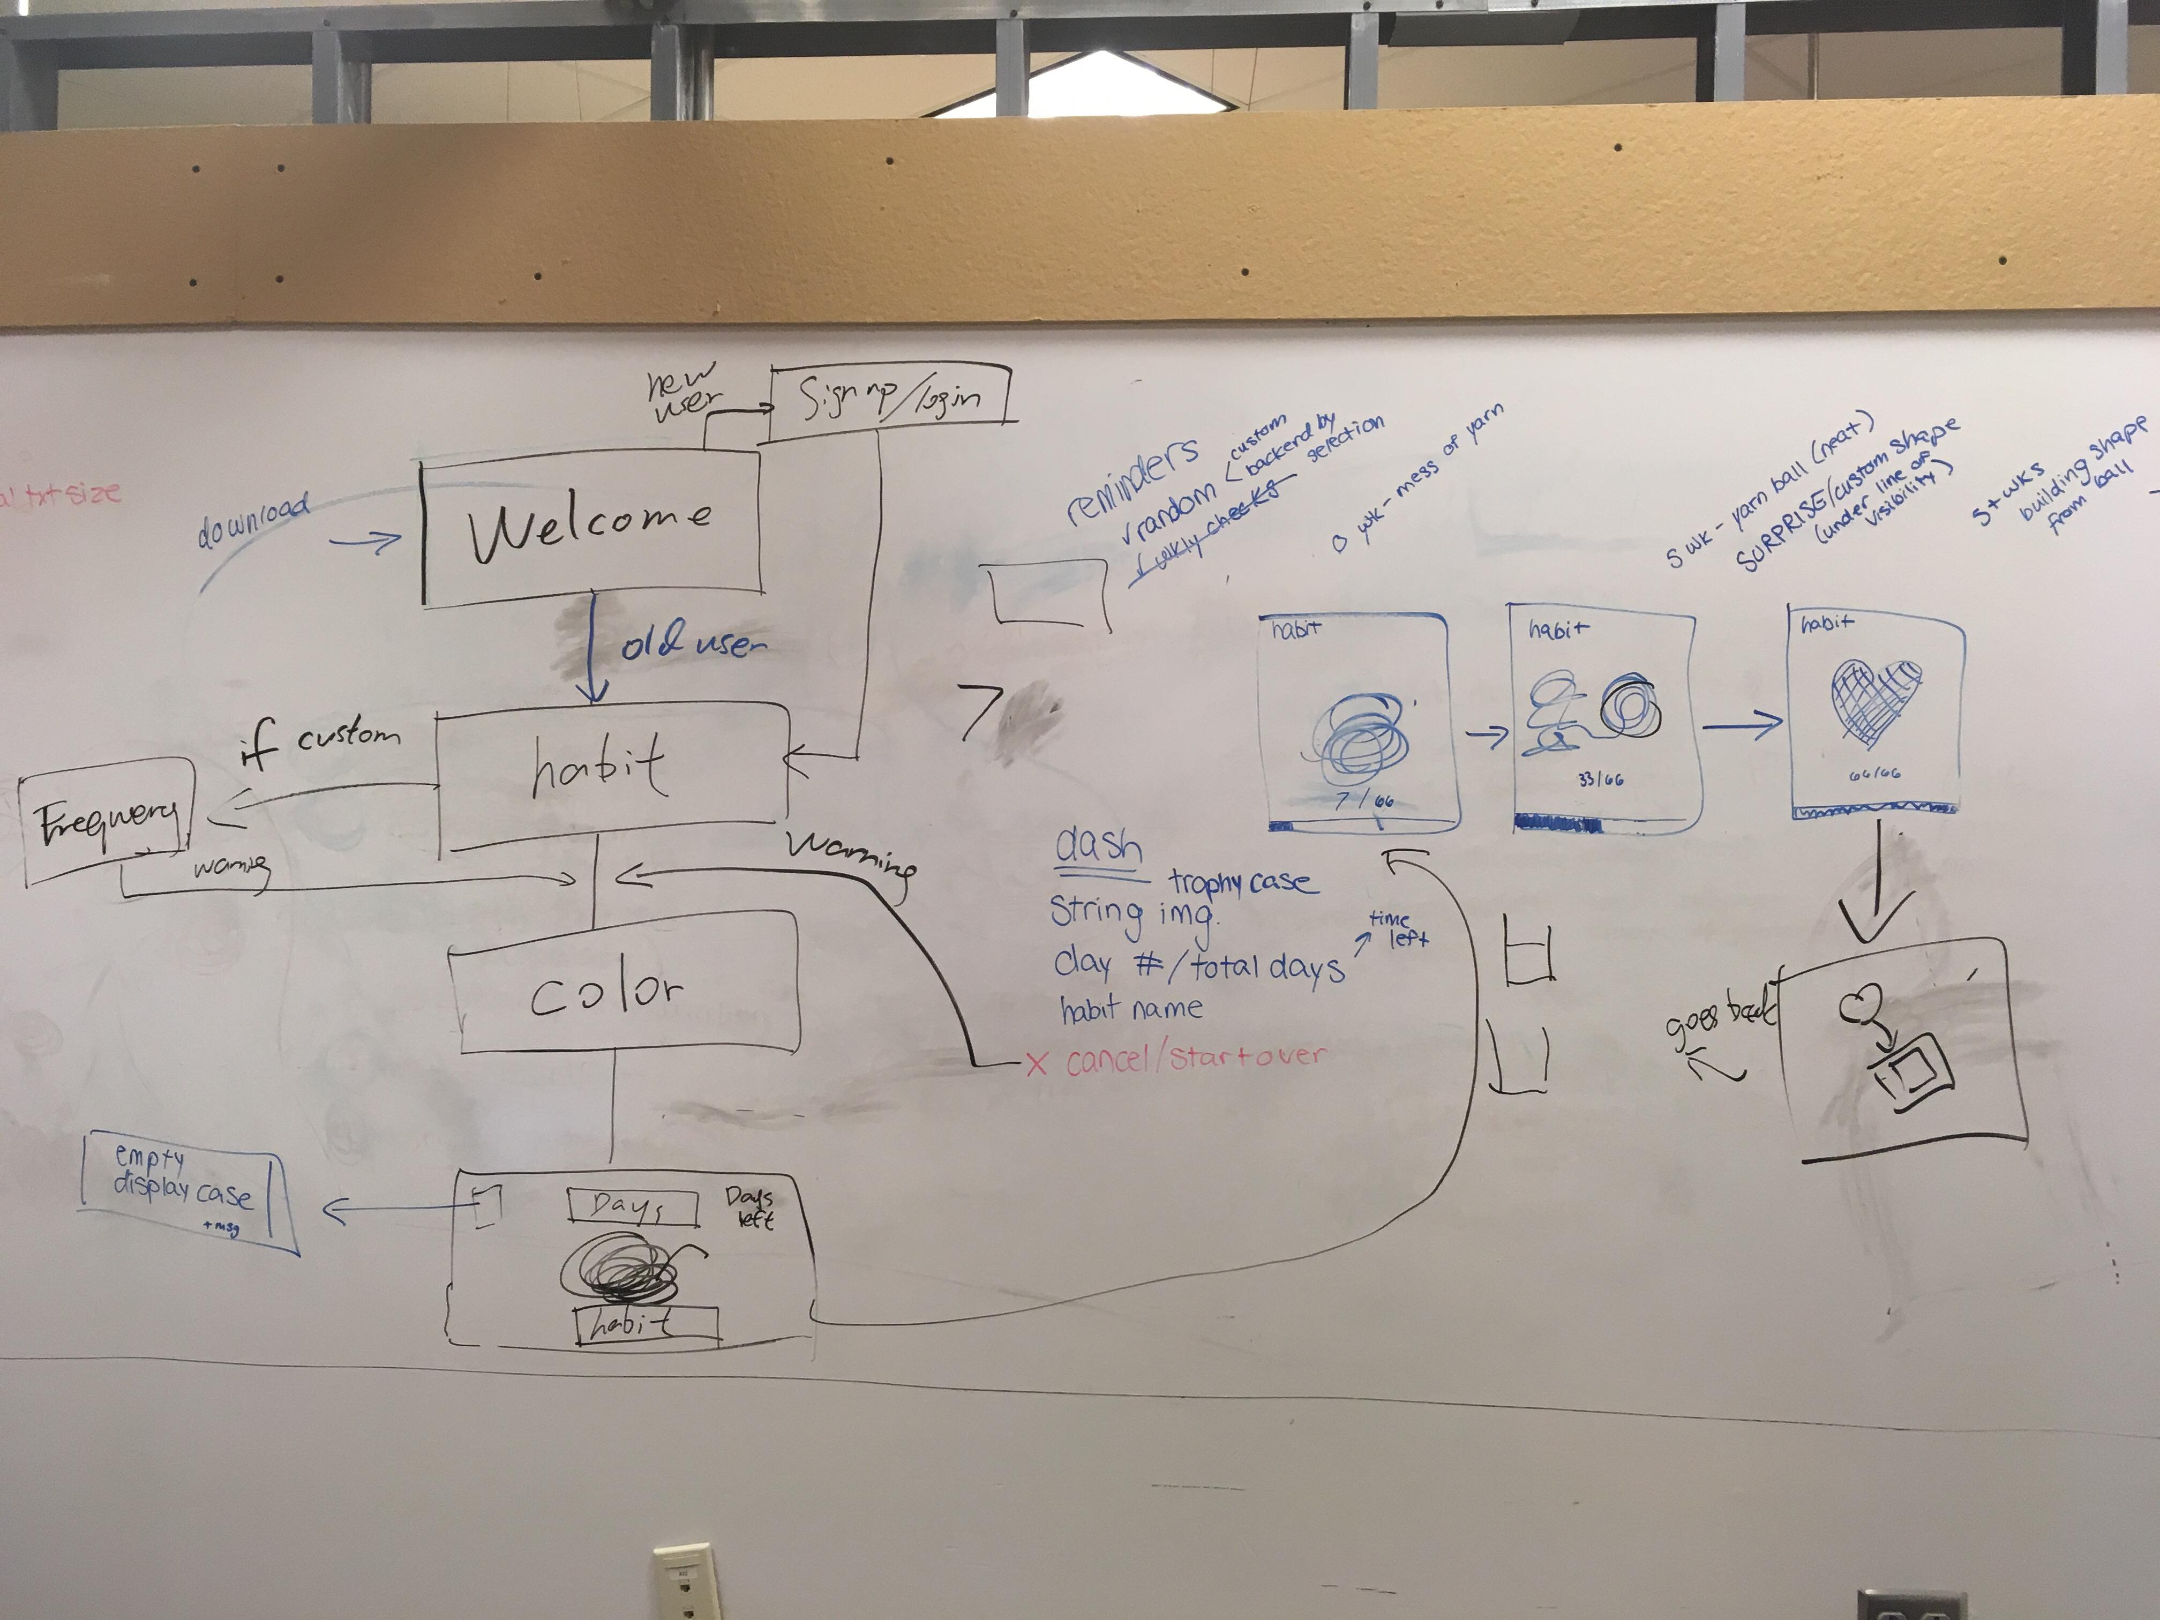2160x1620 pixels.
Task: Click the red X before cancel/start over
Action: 1036,1062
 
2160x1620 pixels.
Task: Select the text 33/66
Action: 1600,779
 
